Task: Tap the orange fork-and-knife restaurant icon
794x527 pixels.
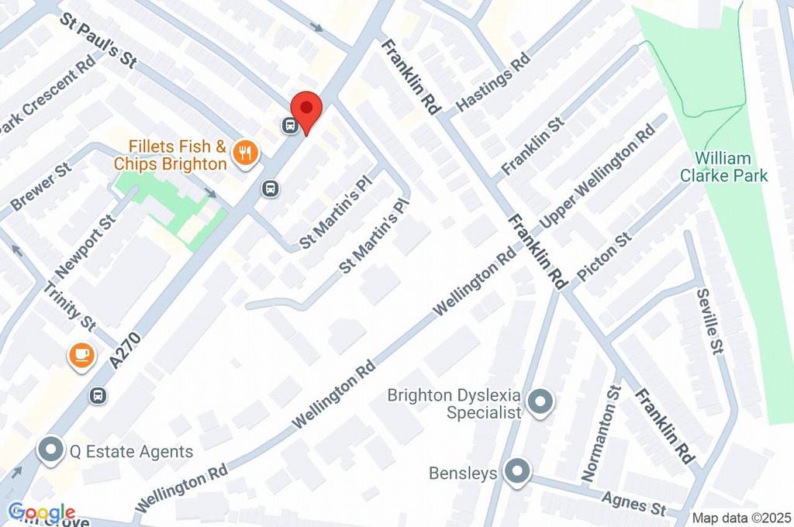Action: pos(247,152)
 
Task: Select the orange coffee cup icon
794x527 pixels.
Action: pos(81,355)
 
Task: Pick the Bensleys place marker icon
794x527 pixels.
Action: pos(516,470)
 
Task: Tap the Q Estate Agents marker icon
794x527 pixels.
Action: pos(51,450)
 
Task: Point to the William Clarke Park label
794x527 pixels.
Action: pos(723,167)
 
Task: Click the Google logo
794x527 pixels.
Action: pos(41,512)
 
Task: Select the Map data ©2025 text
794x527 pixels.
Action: pos(740,518)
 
